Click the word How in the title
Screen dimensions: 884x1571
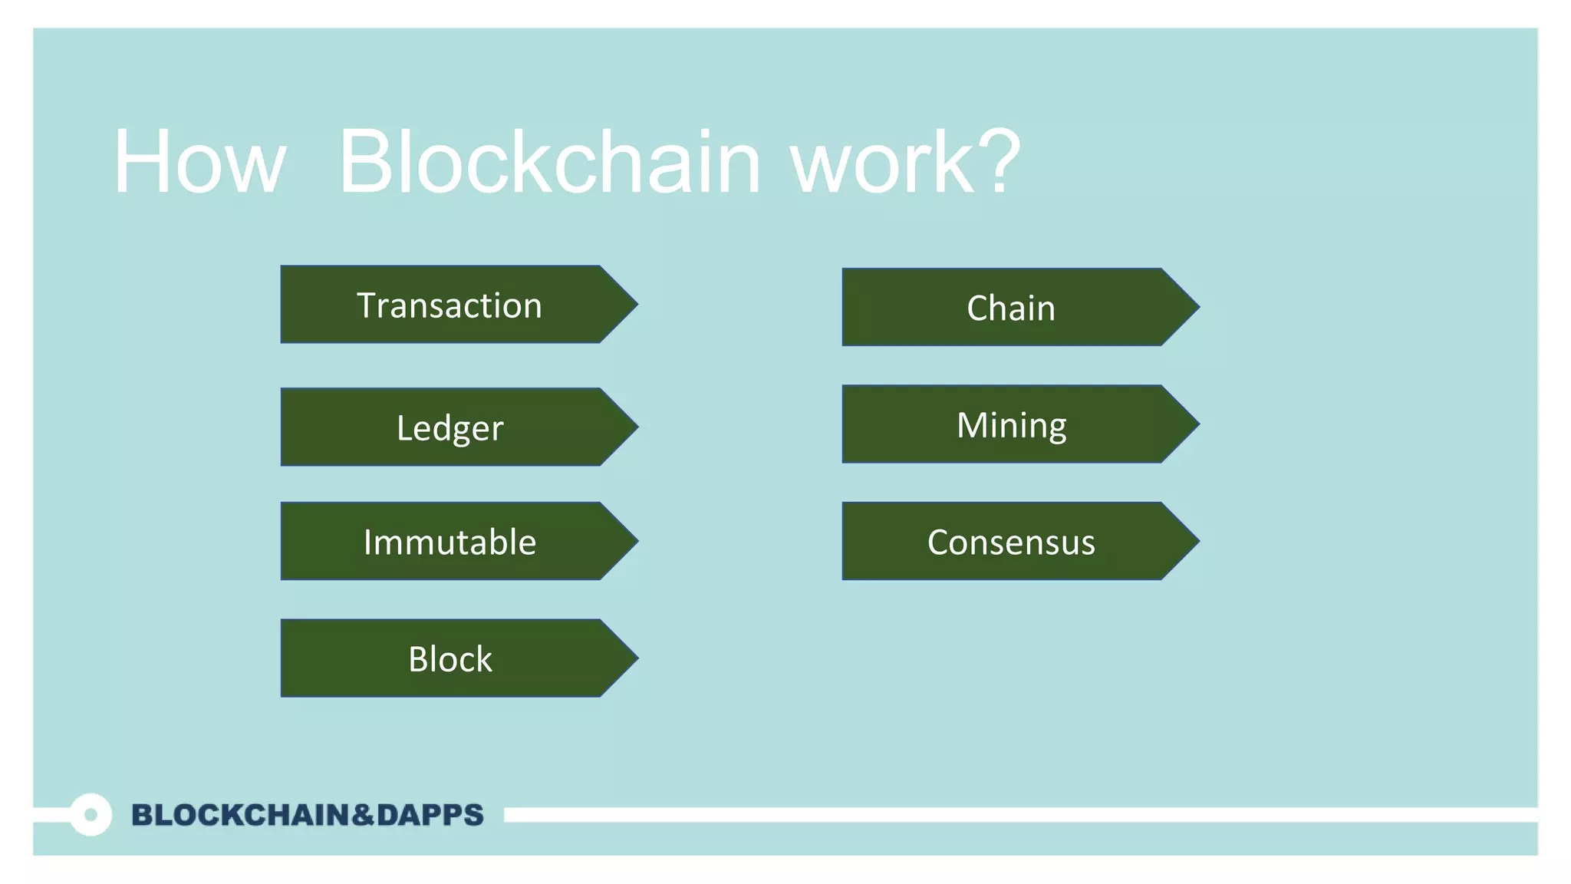click(199, 163)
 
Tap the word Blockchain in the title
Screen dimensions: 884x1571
click(549, 163)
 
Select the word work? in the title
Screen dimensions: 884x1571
click(905, 163)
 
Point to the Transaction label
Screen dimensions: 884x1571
click(450, 305)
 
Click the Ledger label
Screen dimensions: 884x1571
click(450, 427)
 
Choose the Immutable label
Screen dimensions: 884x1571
click(450, 542)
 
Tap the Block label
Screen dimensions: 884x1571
click(450, 658)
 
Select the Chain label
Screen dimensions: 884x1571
click(1011, 308)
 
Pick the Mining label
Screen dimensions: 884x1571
click(1011, 425)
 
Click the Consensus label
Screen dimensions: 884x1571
click(1011, 542)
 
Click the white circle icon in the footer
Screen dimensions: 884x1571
click(91, 814)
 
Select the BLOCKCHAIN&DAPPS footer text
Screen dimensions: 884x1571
click(307, 815)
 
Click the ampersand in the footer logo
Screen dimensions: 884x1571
click(363, 815)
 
